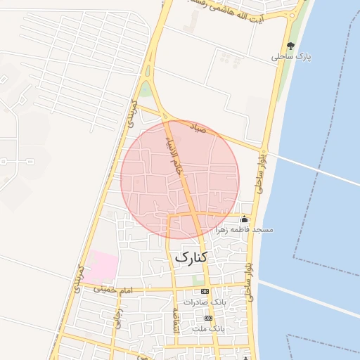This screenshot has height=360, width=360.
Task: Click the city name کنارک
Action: click(x=190, y=257)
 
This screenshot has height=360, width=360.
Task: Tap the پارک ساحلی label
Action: click(x=295, y=56)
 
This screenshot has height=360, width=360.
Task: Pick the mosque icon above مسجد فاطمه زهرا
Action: click(x=245, y=219)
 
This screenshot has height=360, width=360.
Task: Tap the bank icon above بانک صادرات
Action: click(x=205, y=291)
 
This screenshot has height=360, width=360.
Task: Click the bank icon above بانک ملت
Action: click(x=208, y=318)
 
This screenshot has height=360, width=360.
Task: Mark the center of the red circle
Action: click(x=181, y=179)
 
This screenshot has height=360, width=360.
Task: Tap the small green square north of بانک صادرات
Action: click(x=198, y=280)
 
